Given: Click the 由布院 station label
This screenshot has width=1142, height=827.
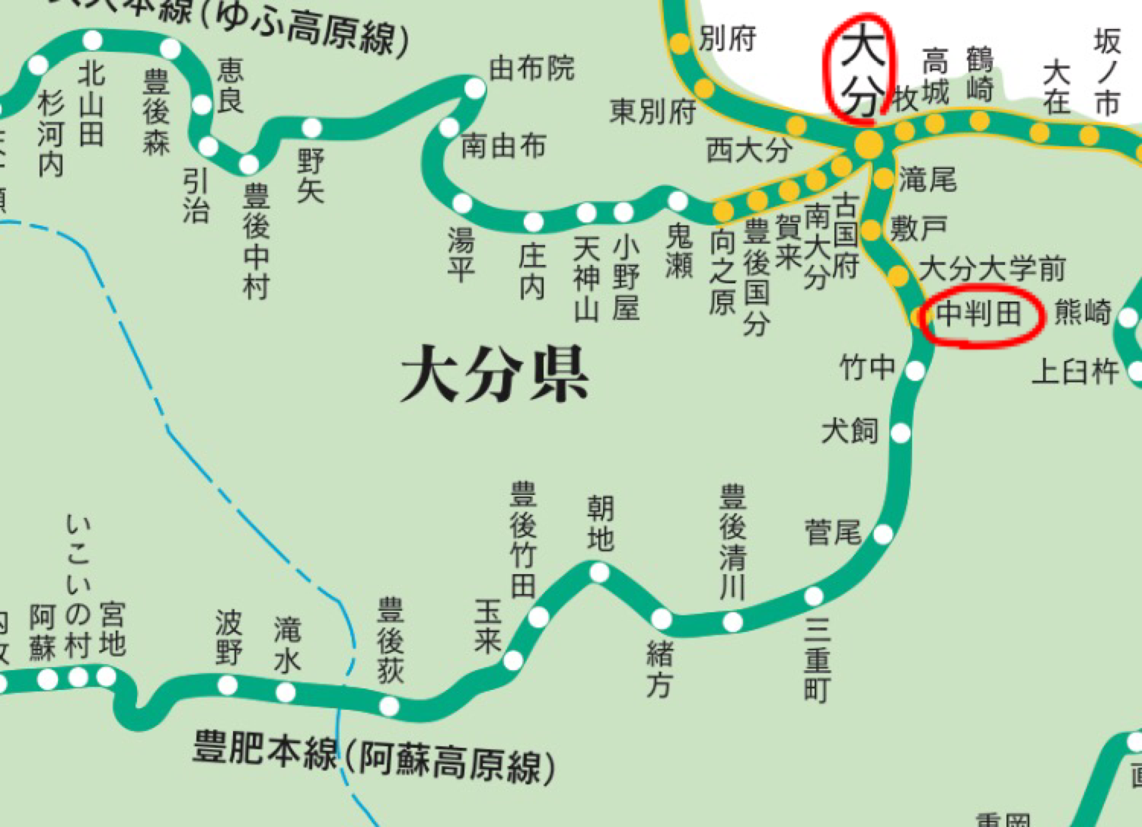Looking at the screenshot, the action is point(531,69).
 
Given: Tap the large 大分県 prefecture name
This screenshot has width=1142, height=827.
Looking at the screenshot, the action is point(495,373).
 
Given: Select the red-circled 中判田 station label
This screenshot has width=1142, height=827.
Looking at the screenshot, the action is point(979,314).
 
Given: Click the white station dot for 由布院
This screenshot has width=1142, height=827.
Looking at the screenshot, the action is point(474,89).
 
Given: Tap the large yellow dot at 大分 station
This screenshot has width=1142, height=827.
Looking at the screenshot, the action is point(869,144).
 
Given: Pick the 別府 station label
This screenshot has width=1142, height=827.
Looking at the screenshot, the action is point(727,38).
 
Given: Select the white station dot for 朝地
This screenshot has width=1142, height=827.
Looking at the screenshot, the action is point(599,572).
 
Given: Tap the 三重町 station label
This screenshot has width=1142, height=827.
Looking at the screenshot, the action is point(818,659).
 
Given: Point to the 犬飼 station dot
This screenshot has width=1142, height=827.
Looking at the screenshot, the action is point(901,433).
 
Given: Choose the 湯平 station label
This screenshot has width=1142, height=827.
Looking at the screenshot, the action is point(461,255).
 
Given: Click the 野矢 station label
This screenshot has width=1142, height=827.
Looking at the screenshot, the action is point(311,175).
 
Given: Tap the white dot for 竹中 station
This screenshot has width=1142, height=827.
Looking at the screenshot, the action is point(915,371).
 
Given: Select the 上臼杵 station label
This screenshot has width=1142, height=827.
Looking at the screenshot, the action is point(1075,371).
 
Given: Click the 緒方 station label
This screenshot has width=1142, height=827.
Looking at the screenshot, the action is point(659,669).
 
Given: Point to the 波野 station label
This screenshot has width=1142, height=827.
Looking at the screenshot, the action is point(228,637).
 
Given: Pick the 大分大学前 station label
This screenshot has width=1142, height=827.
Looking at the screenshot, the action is point(992,269).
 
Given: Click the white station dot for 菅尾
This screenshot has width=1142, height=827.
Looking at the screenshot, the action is point(883,534).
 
